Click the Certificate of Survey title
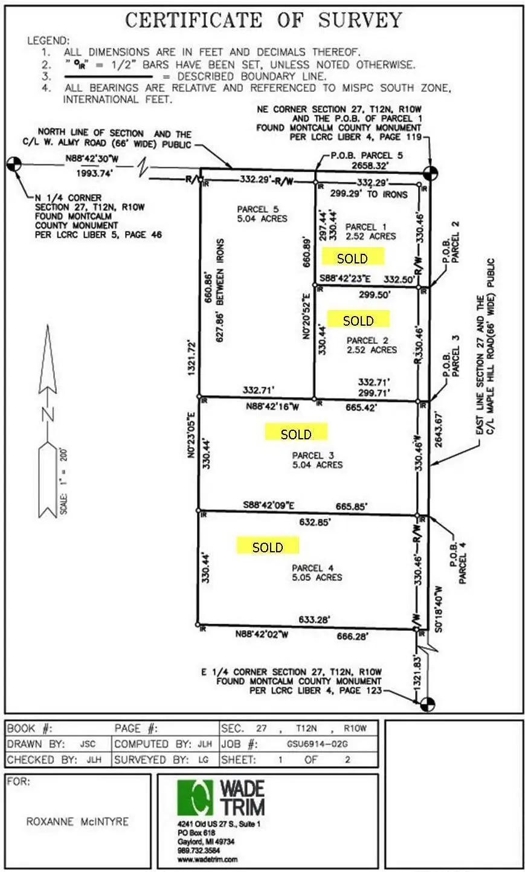pos(263,21)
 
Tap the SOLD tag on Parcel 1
pos(352,259)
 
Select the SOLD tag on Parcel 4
pos(268,547)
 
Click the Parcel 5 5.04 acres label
pos(262,214)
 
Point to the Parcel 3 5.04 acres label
pos(317,460)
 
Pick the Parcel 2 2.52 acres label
pos(372,345)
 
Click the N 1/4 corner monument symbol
pos(14,163)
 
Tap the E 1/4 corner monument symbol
pos(427,703)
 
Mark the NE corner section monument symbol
pos(429,173)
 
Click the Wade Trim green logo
pos(195,797)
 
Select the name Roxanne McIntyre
pos(77,822)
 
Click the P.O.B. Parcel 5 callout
pos(366,155)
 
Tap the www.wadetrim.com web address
pos(207,859)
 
